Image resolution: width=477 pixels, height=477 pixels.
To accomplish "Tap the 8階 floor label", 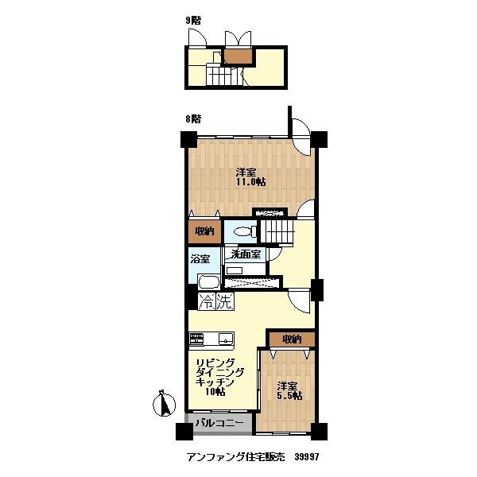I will (193, 118).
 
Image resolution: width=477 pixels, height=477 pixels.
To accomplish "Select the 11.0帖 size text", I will (250, 182).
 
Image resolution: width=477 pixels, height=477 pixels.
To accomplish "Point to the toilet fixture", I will (246, 231).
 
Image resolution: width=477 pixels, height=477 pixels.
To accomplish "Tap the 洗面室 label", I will (246, 255).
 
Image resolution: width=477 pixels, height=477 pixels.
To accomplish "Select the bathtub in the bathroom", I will (207, 283).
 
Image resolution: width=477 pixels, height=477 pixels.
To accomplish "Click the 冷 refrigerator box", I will (207, 301).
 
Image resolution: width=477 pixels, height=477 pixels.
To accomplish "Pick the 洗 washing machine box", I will (226, 301).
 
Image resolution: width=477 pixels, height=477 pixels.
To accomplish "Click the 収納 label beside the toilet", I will (205, 232).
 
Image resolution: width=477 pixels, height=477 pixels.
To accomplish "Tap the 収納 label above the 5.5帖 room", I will (291, 339).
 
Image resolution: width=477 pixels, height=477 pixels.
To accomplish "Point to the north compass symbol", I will (165, 405).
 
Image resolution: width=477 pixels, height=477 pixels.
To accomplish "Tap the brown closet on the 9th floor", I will (235, 57).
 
